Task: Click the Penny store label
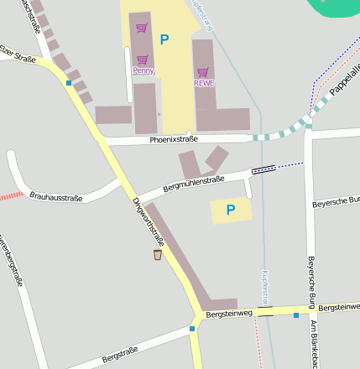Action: (x=143, y=71)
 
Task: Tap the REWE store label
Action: (x=204, y=83)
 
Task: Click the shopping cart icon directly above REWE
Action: (x=203, y=72)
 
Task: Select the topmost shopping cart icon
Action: (x=142, y=28)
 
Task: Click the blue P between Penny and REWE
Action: (x=164, y=39)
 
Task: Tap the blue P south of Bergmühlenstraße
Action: (x=231, y=210)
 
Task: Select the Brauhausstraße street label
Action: (x=55, y=198)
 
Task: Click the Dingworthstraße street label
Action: (x=149, y=222)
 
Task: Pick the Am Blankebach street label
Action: (x=315, y=344)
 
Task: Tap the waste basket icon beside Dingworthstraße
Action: (x=157, y=254)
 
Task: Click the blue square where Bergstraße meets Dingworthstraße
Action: (x=192, y=329)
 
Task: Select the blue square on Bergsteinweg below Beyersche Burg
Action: (x=296, y=315)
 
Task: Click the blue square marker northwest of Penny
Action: (x=69, y=82)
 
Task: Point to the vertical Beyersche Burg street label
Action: (x=310, y=282)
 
